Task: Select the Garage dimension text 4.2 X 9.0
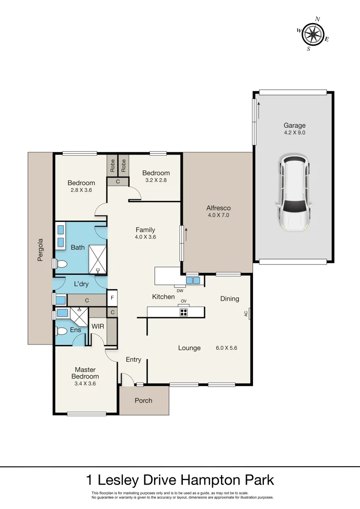(295, 133)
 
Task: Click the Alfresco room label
(219, 208)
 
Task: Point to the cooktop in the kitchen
(184, 312)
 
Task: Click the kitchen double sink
(192, 280)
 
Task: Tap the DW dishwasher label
(180, 291)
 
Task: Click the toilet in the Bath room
(61, 264)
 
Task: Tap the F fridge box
(112, 298)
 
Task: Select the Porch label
(144, 401)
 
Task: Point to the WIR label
(98, 326)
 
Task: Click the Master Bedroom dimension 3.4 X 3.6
(85, 384)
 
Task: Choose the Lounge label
(189, 348)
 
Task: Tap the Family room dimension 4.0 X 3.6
(145, 237)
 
